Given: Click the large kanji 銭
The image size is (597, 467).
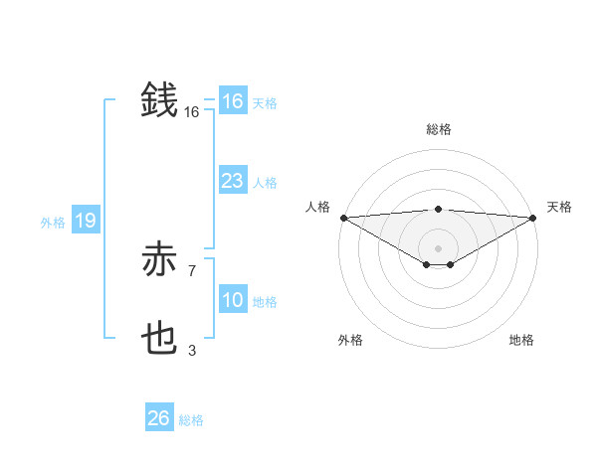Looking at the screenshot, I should coord(160,99).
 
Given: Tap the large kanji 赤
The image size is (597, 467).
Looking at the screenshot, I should coord(160,260).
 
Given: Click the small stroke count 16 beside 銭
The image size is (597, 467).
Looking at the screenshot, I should coord(192,113).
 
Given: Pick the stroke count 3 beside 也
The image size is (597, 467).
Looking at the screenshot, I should coord(191,350).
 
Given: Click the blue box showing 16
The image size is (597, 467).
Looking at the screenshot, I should coord(233,101).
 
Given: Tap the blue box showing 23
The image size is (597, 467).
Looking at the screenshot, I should coord(233,181).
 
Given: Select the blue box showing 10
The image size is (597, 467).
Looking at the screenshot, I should coord(233,300).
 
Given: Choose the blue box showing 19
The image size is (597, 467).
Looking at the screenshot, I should coord(86,221).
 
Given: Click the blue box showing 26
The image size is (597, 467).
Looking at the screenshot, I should coord(158,418).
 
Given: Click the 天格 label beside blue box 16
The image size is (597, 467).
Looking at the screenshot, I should coord(265,103).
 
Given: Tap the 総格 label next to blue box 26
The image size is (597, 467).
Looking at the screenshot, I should coord(191,420).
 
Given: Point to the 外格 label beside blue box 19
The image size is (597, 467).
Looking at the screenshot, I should coord(53,223).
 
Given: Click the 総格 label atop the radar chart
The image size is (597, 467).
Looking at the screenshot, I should coord(438,129).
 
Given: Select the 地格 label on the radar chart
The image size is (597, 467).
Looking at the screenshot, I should coord(521,340).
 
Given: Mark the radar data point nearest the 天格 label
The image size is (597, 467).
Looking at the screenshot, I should coord(533,217).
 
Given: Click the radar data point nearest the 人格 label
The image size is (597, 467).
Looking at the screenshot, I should coord(342,217).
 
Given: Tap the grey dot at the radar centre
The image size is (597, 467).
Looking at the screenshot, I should coord(438,247).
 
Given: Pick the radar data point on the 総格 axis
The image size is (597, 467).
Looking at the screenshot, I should coord(438,209).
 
